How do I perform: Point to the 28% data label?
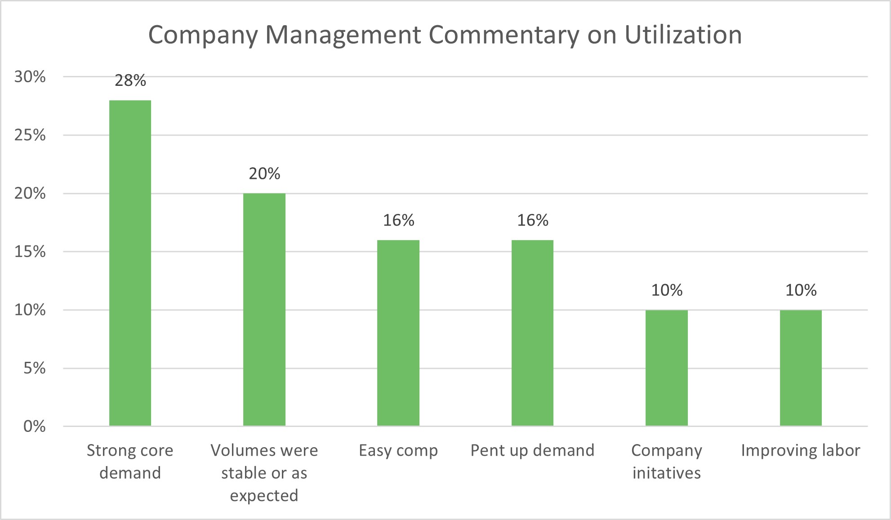pos(130,80)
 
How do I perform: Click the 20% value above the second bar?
pos(264,173)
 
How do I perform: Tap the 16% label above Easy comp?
pos(398,220)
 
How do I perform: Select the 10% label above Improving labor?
pos(801,290)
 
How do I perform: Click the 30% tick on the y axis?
pos(30,77)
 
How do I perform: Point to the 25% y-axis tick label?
pos(30,135)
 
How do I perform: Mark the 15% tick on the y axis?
pos(30,252)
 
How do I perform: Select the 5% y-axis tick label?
pos(34,369)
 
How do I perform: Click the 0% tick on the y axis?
pos(34,427)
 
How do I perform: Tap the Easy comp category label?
pos(398,450)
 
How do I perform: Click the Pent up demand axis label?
pos(532,450)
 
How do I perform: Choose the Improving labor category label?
pos(801,450)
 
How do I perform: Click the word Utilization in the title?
pos(683,35)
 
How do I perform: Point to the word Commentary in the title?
pos(503,35)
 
